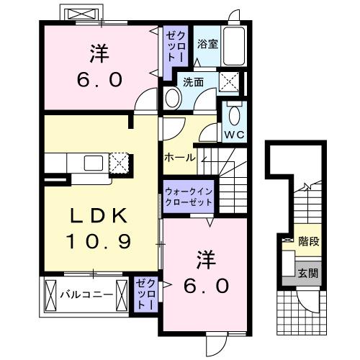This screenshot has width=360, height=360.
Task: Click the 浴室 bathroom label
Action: tap(208, 44)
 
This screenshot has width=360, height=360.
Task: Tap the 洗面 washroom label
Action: tap(193, 82)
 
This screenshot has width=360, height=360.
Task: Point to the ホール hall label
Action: tap(179, 157)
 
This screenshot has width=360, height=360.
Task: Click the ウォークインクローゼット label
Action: tap(188, 197)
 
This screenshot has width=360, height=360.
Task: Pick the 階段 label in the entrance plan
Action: tap(308, 243)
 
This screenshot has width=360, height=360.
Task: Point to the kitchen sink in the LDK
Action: tap(94, 163)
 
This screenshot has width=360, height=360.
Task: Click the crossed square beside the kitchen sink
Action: tap(118, 162)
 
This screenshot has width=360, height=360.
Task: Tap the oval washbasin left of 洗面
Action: tap(172, 97)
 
